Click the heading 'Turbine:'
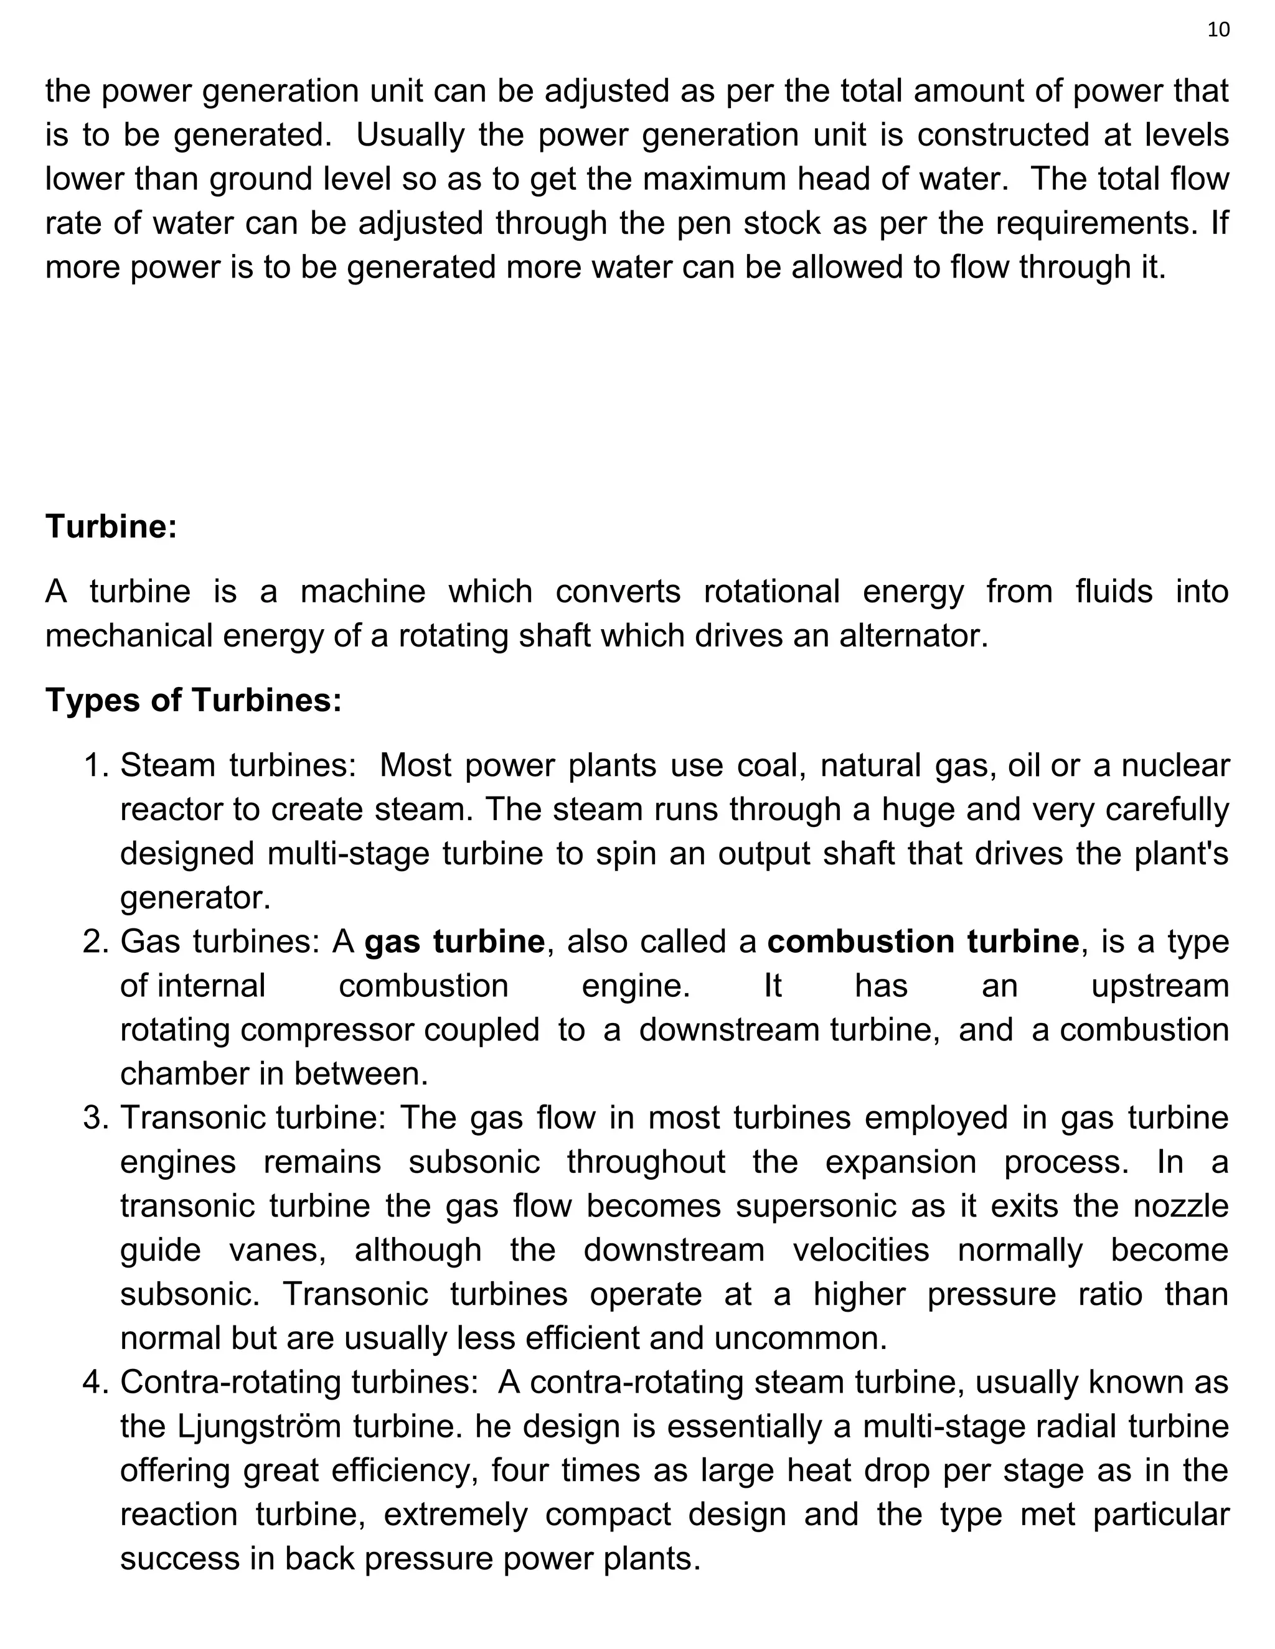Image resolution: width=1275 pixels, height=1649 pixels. tap(111, 526)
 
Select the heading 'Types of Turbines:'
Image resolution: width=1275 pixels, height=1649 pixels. tap(194, 700)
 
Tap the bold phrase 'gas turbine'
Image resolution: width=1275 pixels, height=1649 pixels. tap(454, 942)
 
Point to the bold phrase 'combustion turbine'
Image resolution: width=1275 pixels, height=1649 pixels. tap(923, 942)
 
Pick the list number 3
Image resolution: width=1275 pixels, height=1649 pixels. tap(96, 1118)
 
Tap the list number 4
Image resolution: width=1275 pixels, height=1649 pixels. tap(96, 1383)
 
